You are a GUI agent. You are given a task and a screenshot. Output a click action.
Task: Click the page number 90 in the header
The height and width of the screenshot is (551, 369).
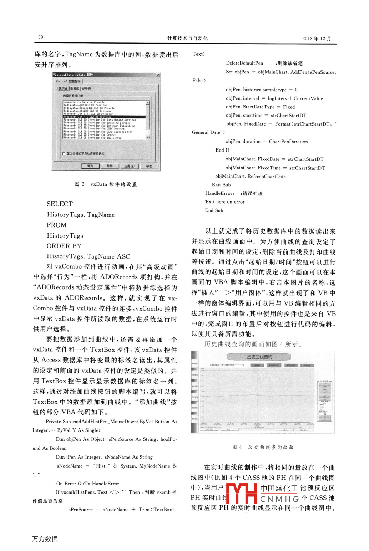pyautogui.click(x=41, y=37)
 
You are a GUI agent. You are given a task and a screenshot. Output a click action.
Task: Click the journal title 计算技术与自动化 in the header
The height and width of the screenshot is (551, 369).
pyautogui.click(x=187, y=38)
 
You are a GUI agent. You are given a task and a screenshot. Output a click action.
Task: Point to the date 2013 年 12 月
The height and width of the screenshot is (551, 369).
pyautogui.click(x=317, y=39)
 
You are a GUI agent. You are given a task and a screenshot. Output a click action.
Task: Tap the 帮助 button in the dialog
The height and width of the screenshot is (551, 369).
pyautogui.click(x=149, y=166)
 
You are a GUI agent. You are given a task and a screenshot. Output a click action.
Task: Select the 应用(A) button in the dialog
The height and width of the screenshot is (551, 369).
pyautogui.click(x=129, y=166)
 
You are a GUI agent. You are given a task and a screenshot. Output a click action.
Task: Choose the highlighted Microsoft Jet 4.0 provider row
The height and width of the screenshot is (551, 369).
pyautogui.click(x=104, y=117)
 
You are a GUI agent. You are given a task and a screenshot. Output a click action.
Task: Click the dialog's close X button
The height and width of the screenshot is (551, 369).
pyautogui.click(x=158, y=75)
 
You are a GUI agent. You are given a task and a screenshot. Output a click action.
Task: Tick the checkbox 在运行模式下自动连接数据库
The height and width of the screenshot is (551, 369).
pyautogui.click(x=64, y=154)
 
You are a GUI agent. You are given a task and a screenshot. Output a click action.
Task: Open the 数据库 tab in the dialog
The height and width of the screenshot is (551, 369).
pyautogui.click(x=75, y=88)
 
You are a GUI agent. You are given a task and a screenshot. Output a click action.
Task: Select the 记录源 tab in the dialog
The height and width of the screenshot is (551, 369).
pyautogui.click(x=86, y=88)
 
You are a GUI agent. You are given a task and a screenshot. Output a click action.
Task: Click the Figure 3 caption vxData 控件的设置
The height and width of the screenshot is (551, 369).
pyautogui.click(x=106, y=184)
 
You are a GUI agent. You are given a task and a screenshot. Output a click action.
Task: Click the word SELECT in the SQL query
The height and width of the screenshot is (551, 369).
pyautogui.click(x=60, y=204)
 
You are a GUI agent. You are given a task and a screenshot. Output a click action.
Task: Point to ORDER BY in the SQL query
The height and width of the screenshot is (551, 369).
pyautogui.click(x=64, y=246)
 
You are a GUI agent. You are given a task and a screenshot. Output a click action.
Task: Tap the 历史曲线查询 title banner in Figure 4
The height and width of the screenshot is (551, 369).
pyautogui.click(x=259, y=357)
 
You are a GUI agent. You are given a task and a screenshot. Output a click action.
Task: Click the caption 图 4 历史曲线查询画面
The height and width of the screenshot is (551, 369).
pyautogui.click(x=263, y=447)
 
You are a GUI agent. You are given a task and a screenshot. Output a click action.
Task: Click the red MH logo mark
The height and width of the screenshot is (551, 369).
pyautogui.click(x=241, y=494)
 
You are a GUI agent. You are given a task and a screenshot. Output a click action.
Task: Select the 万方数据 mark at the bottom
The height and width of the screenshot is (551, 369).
pyautogui.click(x=45, y=539)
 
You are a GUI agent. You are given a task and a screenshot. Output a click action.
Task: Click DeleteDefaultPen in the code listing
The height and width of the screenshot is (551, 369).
pyautogui.click(x=244, y=63)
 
